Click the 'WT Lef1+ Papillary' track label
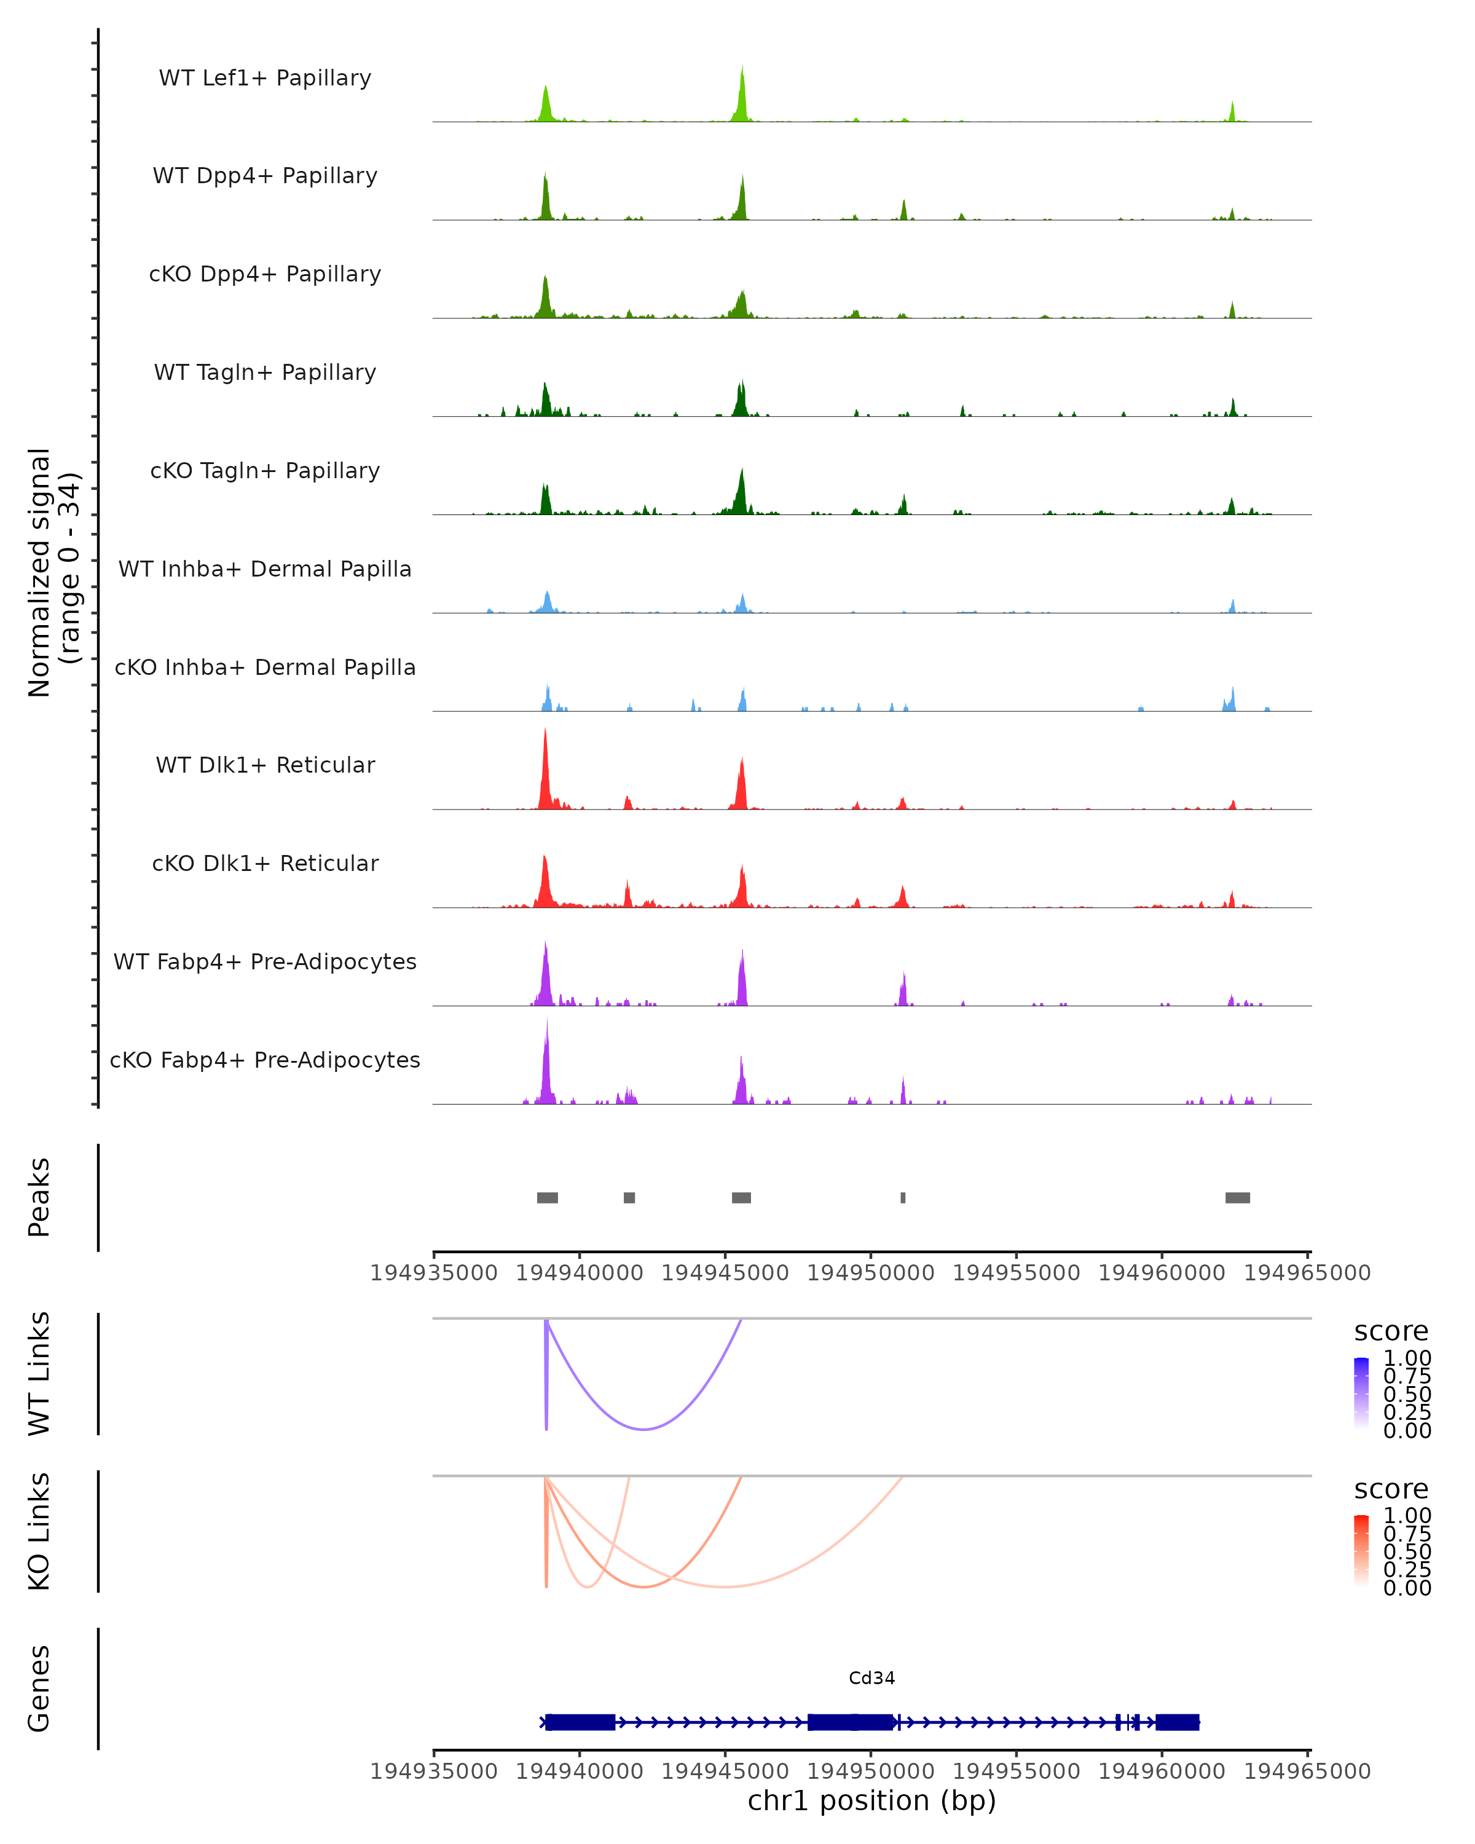(x=265, y=78)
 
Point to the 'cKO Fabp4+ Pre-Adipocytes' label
(x=265, y=1060)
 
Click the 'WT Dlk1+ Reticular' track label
(x=265, y=765)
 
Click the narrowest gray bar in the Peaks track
(x=903, y=1197)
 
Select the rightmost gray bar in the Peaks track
(x=1237, y=1197)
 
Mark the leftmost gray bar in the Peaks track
(x=547, y=1197)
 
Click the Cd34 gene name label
(x=871, y=1678)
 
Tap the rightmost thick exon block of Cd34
(x=1178, y=1722)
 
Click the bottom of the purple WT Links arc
(x=644, y=1428)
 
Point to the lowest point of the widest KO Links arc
(x=724, y=1586)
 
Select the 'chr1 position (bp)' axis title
(x=871, y=1800)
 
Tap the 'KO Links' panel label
(x=39, y=1531)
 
